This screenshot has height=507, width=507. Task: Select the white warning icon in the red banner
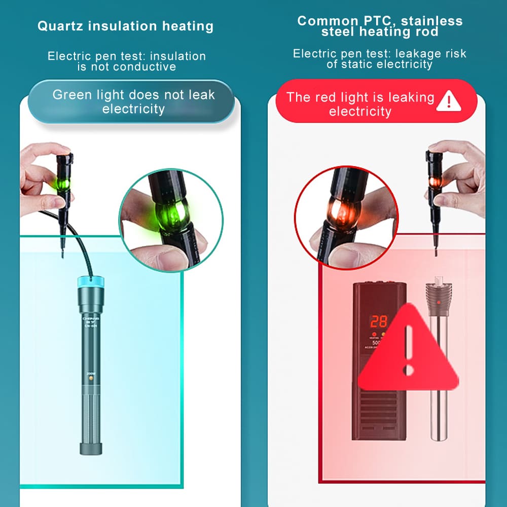(448, 100)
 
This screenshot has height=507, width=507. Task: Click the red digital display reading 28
(378, 321)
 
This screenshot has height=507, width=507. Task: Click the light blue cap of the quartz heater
(91, 282)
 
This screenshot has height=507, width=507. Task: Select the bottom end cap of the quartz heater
(92, 448)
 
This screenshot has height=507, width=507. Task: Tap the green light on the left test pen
(63, 182)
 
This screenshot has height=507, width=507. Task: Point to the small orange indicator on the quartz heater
(91, 378)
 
